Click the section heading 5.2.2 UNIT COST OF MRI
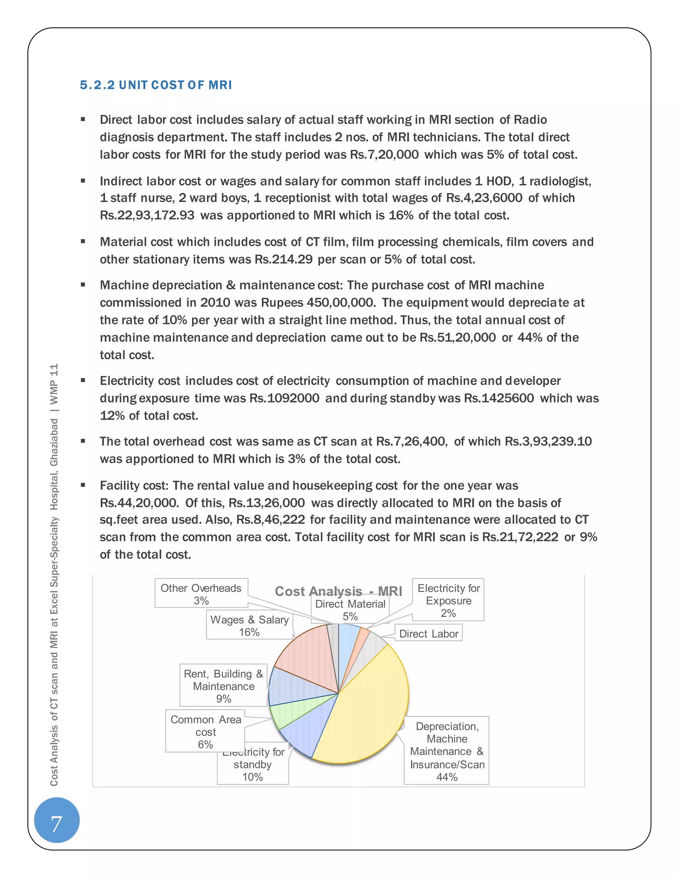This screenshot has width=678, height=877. click(156, 85)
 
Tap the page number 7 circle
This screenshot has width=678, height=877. click(57, 824)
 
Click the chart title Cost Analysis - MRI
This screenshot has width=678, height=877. click(338, 591)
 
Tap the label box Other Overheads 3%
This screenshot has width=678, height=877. click(201, 594)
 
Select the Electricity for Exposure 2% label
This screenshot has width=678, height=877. click(448, 600)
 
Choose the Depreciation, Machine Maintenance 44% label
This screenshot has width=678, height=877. click(447, 751)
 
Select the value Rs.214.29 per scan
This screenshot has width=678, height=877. click(284, 259)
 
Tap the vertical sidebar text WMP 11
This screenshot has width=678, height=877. click(54, 384)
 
